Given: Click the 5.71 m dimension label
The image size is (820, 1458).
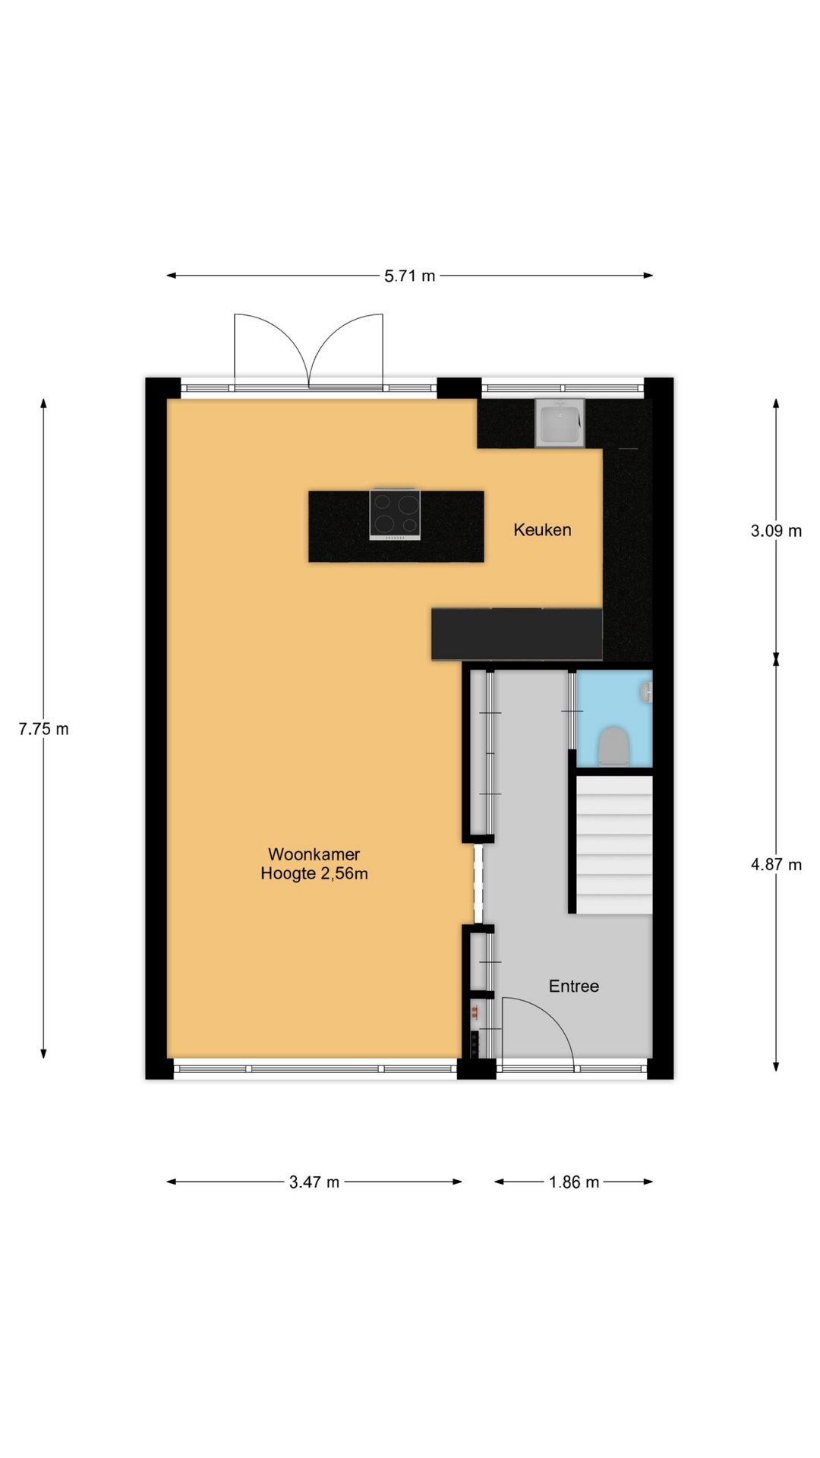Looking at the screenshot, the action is pyautogui.click(x=410, y=276).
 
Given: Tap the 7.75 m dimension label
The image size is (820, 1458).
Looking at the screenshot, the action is pyautogui.click(x=43, y=729).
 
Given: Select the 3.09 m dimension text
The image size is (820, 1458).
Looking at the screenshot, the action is pyautogui.click(x=776, y=531).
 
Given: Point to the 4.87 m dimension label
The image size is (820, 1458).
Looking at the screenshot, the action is pyautogui.click(x=776, y=864).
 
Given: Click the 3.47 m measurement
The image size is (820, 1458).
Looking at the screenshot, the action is pyautogui.click(x=314, y=1182).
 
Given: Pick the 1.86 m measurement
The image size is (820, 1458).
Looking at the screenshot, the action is pyautogui.click(x=574, y=1182).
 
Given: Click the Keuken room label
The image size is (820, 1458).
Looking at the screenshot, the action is pyautogui.click(x=542, y=530).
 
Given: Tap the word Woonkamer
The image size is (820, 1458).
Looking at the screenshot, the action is pyautogui.click(x=314, y=854).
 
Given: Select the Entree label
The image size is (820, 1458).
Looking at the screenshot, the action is pyautogui.click(x=574, y=986).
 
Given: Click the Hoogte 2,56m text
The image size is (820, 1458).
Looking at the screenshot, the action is pyautogui.click(x=314, y=874).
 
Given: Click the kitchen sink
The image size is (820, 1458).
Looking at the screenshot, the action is pyautogui.click(x=560, y=423).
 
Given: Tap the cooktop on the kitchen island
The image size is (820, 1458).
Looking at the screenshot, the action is pyautogui.click(x=395, y=514).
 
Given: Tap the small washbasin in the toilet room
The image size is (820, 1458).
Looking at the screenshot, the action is pyautogui.click(x=647, y=693).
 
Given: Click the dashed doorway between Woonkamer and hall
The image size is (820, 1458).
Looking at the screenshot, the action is pyautogui.click(x=478, y=883).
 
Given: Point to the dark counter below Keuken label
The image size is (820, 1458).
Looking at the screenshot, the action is pyautogui.click(x=517, y=634).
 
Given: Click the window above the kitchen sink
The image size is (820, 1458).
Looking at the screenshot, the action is pyautogui.click(x=563, y=388).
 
